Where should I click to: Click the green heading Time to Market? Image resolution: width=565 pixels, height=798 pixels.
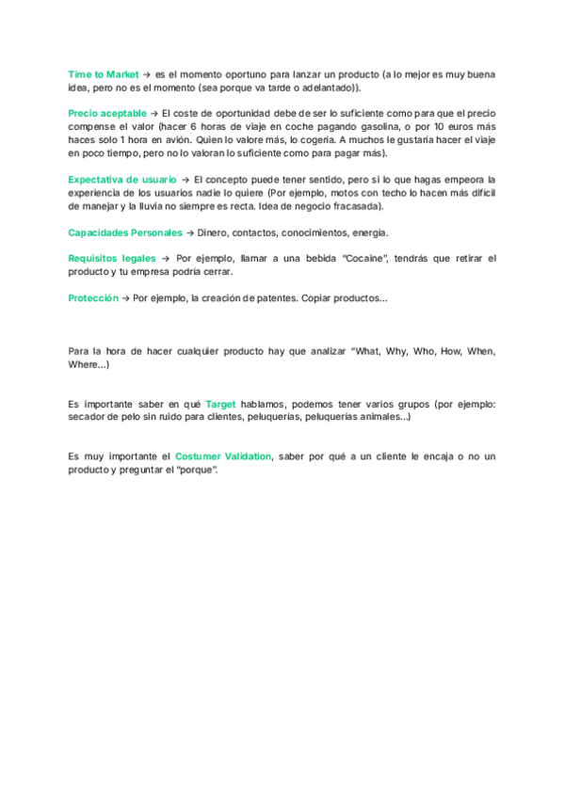[104, 73]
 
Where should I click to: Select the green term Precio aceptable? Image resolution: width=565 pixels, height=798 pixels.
[107, 113]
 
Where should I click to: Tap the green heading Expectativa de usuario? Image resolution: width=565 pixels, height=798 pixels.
[122, 179]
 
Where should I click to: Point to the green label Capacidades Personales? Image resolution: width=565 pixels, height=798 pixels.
[125, 232]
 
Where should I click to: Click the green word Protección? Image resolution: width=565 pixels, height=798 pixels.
[93, 297]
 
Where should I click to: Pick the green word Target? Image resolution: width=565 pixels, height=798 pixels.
[220, 403]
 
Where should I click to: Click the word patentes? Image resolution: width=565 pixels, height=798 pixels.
[271, 297]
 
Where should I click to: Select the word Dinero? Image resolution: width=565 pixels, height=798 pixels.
[213, 232]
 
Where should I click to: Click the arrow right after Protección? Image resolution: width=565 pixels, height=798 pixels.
[125, 297]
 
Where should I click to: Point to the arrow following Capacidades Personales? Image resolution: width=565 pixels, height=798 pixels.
[190, 232]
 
